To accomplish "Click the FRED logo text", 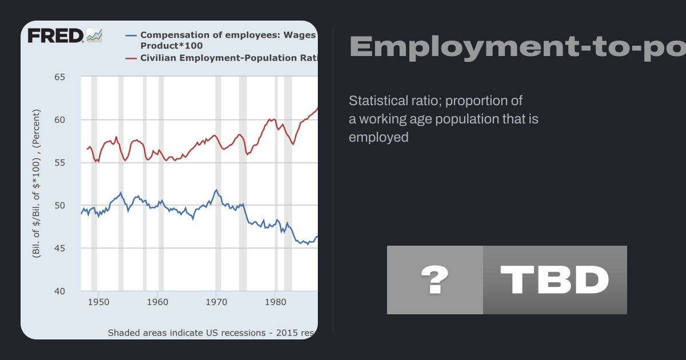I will (x=56, y=36).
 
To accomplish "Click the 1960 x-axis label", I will (x=157, y=301).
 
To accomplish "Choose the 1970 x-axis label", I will (x=216, y=301).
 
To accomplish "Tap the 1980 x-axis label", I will (x=275, y=301).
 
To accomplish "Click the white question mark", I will (x=434, y=280).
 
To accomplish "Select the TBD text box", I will (x=555, y=280).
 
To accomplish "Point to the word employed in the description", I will (x=378, y=137).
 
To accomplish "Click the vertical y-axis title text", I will (x=37, y=183).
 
